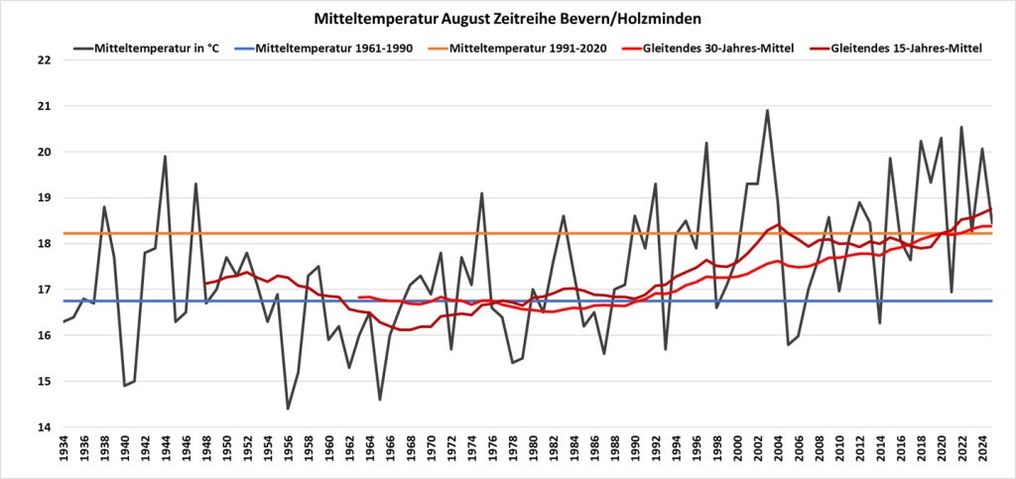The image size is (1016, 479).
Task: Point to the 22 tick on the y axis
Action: pyautogui.click(x=43, y=60)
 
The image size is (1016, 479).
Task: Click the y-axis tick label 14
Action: pyautogui.click(x=43, y=427)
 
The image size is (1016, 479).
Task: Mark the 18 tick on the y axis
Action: pyautogui.click(x=43, y=244)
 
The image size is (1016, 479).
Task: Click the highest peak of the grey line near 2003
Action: pyautogui.click(x=767, y=111)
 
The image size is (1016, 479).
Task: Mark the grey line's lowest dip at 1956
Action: pyautogui.click(x=288, y=409)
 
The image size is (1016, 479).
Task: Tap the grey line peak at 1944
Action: pyautogui.click(x=165, y=157)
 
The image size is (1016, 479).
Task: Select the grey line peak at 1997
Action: pyautogui.click(x=706, y=143)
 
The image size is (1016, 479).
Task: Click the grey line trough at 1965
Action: pyautogui.click(x=380, y=400)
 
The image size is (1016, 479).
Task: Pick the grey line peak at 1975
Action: pyautogui.click(x=482, y=193)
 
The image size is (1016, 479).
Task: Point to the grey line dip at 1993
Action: pyautogui.click(x=665, y=349)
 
